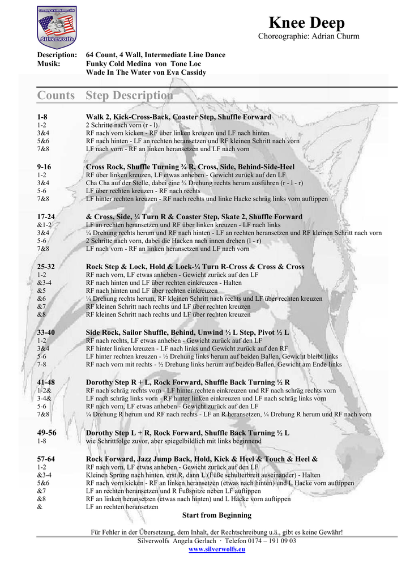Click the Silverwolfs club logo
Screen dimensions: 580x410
pyautogui.click(x=57, y=26)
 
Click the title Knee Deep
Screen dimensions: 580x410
pyautogui.click(x=306, y=23)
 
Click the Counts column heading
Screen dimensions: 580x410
pyautogui.click(x=56, y=95)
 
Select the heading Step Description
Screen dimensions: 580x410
pyautogui.click(x=129, y=95)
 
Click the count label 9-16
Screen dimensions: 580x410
pyautogui.click(x=44, y=167)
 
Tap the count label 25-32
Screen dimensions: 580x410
pyautogui.click(x=46, y=266)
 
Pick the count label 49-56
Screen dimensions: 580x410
pyautogui.click(x=46, y=433)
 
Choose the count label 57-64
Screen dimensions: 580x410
pyautogui.click(x=46, y=459)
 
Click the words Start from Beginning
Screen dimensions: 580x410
pyautogui.click(x=216, y=515)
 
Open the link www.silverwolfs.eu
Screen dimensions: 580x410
pyautogui.click(x=216, y=549)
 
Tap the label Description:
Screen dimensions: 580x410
pyautogui.click(x=57, y=55)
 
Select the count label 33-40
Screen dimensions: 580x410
pyautogui.click(x=46, y=332)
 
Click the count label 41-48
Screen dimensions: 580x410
pyautogui.click(x=46, y=382)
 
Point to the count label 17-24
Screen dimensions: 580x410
pyautogui.click(x=46, y=217)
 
